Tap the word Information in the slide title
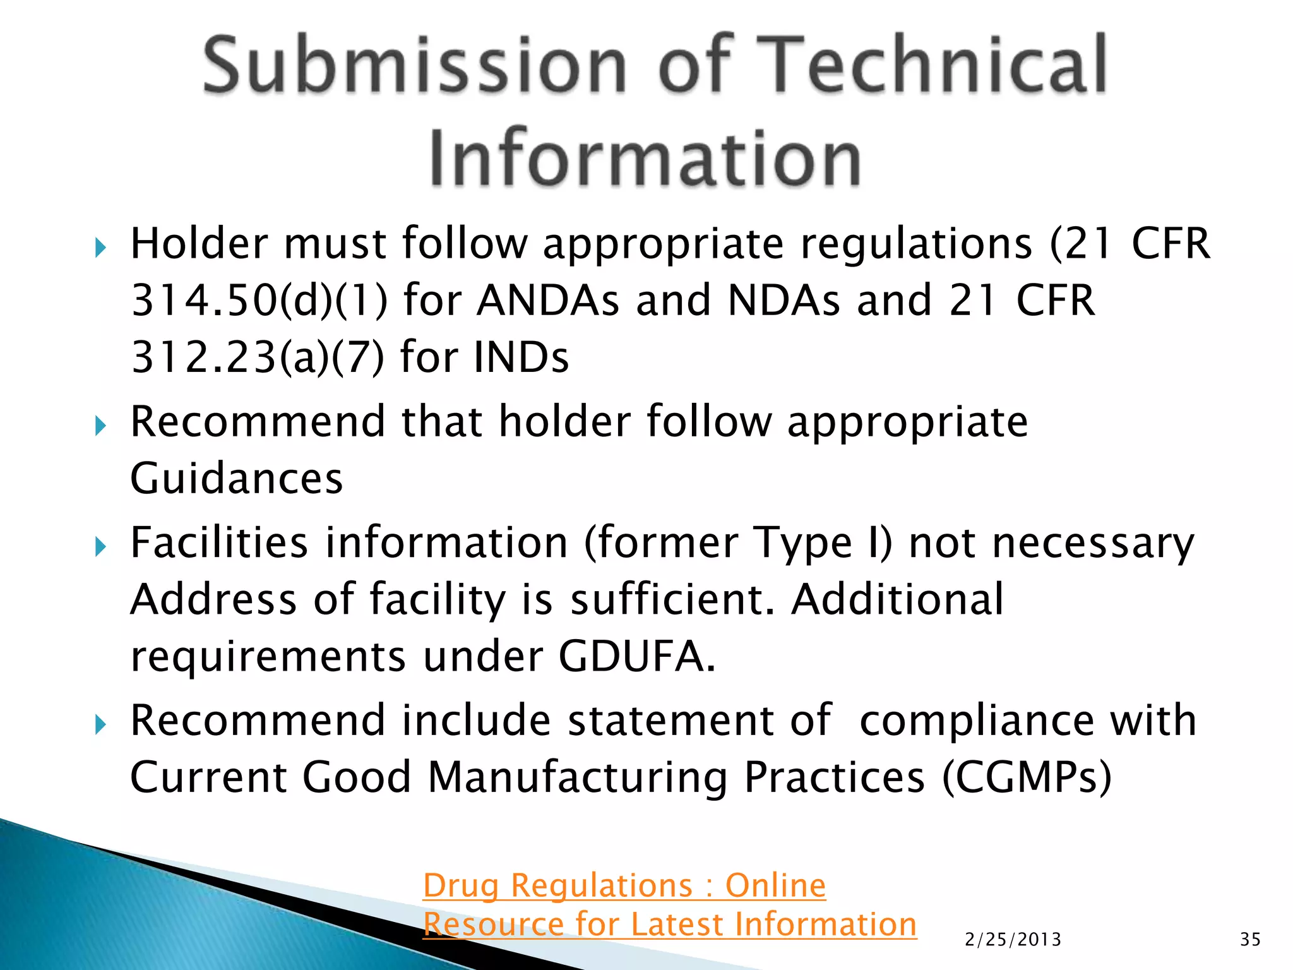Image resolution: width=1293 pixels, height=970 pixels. (x=645, y=157)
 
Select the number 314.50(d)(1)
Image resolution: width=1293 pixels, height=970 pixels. (x=259, y=300)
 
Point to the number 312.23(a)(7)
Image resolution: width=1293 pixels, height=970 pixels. (x=257, y=357)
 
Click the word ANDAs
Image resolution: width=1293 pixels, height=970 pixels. (x=548, y=300)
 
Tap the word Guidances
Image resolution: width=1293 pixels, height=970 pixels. (x=236, y=478)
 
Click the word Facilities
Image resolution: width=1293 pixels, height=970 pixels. (x=219, y=542)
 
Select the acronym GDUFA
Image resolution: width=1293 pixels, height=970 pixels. (x=636, y=656)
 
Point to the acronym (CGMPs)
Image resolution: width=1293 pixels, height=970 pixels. (x=1027, y=777)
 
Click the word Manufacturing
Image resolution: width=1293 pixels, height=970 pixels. (x=578, y=777)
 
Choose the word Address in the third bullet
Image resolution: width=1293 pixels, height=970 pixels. (x=213, y=599)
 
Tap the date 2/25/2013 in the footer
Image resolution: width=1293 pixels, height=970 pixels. (x=1013, y=940)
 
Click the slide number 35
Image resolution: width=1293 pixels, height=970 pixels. (x=1250, y=940)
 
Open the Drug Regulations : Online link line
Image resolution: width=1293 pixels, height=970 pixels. (x=624, y=885)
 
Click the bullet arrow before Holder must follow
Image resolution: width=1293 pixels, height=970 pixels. (x=100, y=248)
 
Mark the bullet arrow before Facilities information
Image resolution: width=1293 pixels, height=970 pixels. (x=100, y=546)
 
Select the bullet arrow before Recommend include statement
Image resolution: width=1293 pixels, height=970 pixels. (x=100, y=724)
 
